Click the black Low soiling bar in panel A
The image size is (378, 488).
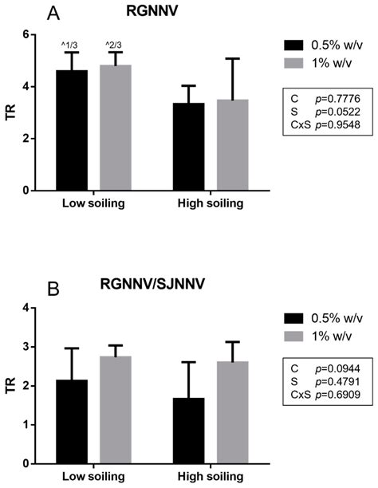pyautogui.click(x=73, y=132)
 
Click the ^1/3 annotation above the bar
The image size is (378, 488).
pyautogui.click(x=73, y=45)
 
